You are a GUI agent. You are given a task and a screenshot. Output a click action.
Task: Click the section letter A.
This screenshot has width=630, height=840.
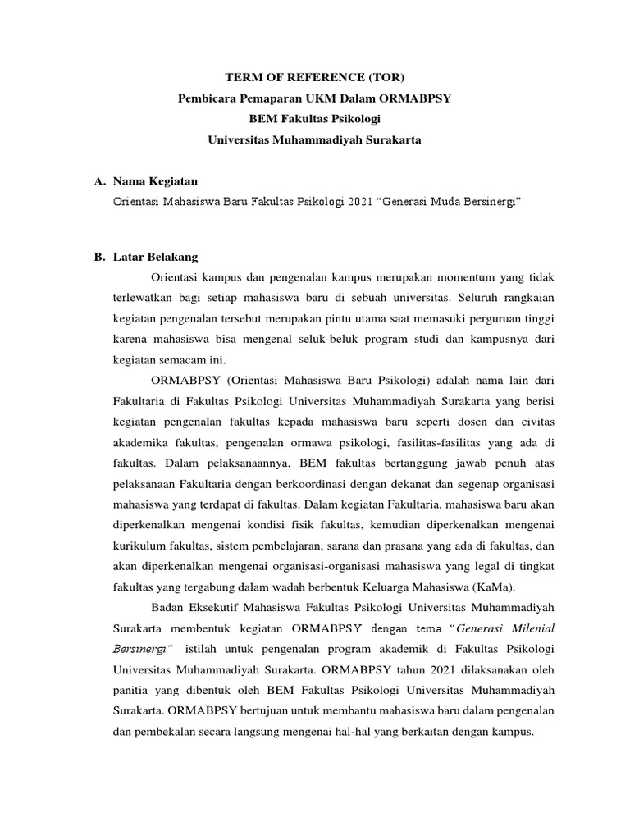(x=98, y=180)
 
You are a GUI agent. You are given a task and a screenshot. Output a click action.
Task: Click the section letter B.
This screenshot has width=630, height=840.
(x=98, y=257)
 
